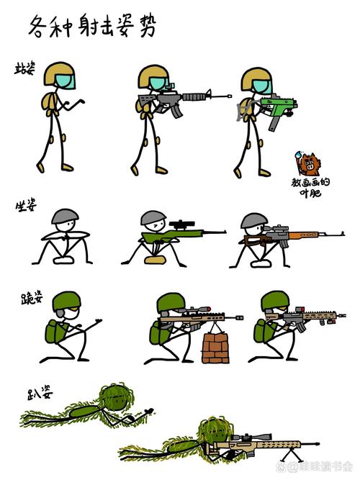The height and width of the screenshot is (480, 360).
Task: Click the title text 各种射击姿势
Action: (92, 27)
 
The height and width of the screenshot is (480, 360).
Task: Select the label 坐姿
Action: (26, 207)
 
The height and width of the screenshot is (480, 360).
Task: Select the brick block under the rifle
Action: (216, 348)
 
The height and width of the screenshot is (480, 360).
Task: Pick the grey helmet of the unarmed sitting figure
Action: (66, 216)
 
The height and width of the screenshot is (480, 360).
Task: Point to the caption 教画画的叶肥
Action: (313, 186)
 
